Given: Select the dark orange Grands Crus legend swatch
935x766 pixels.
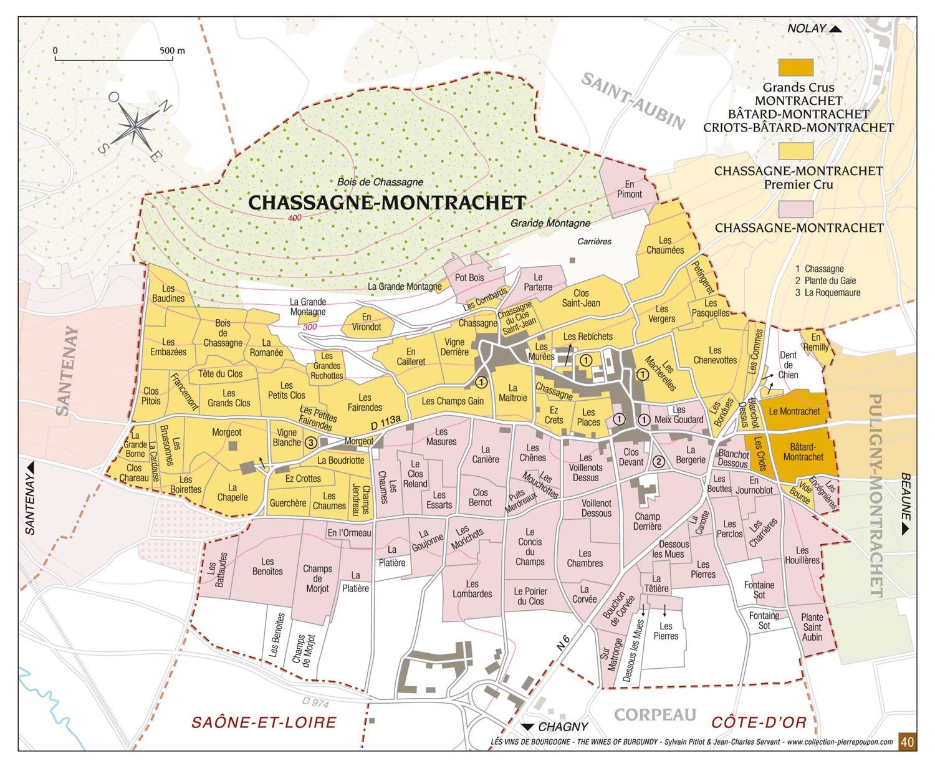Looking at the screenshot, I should [x=796, y=67].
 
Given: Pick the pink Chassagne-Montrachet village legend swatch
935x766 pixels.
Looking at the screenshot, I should [x=796, y=208].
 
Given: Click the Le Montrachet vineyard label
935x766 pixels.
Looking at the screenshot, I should [x=794, y=411].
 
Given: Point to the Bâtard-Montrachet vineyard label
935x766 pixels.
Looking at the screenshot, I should [x=803, y=452].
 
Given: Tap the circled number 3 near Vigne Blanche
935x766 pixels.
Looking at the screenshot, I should [x=310, y=442].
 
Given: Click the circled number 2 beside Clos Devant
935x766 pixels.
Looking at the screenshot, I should [x=658, y=461].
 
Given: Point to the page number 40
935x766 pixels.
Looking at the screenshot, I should [x=908, y=742].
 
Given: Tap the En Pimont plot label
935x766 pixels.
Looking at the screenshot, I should [x=629, y=189].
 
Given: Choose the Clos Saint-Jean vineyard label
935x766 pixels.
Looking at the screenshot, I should [x=581, y=298].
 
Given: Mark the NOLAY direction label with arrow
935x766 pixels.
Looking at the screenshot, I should [x=814, y=29].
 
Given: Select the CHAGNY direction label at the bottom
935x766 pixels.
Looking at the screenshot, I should [x=556, y=727].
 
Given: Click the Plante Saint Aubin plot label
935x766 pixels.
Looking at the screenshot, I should [x=812, y=627].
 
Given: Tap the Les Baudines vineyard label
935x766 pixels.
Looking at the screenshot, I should [x=168, y=293].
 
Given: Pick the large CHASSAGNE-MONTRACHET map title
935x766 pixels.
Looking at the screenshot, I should [x=386, y=203].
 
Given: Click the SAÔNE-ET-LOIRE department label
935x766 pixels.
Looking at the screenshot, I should [x=264, y=722].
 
